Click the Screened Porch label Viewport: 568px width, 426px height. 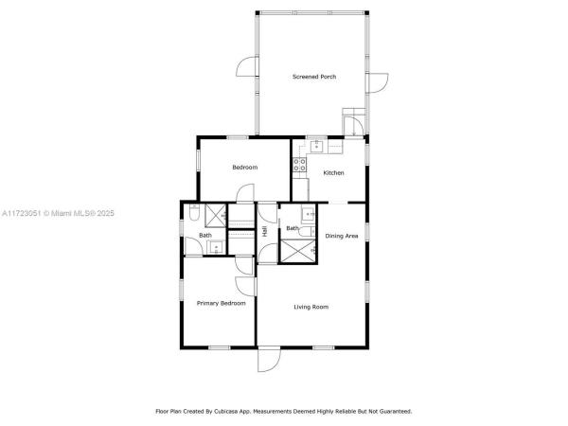(x=314, y=77)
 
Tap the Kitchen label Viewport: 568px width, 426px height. (x=333, y=173)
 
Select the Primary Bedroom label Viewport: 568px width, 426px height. (x=221, y=303)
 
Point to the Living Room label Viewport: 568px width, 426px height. (x=311, y=307)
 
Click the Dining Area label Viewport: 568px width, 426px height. (x=342, y=236)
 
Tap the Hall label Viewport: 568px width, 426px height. (x=265, y=232)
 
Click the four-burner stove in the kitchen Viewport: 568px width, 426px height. (x=299, y=165)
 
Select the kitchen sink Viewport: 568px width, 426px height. (x=316, y=147)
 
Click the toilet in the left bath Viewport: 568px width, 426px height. (x=194, y=213)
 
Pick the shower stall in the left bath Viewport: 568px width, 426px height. (x=216, y=216)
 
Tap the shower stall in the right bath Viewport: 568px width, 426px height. (x=298, y=250)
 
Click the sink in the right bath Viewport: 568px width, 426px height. (x=308, y=215)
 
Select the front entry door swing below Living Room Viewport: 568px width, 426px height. (x=269, y=359)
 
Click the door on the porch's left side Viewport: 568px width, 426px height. (x=247, y=67)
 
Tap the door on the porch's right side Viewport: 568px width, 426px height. (x=377, y=83)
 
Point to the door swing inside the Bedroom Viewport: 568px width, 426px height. (x=245, y=193)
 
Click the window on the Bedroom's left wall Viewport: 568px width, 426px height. (x=198, y=160)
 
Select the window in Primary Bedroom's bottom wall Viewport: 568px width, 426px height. (x=220, y=347)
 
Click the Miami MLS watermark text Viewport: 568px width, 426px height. (x=58, y=213)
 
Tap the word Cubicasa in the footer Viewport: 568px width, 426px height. (x=225, y=412)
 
